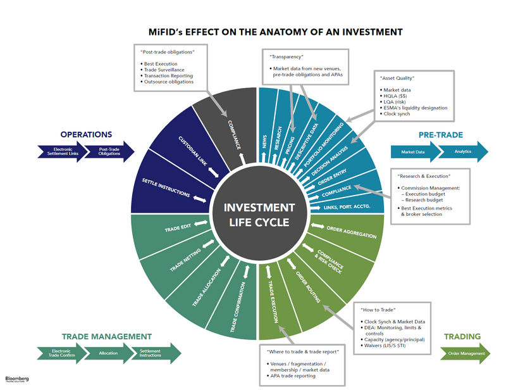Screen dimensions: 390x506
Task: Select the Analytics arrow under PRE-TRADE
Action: (x=462, y=151)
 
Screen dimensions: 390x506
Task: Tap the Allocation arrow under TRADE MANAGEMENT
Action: (x=109, y=353)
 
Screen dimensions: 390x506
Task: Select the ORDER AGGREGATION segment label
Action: (x=352, y=232)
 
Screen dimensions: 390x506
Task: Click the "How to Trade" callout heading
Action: (x=379, y=310)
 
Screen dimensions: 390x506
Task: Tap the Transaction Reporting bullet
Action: (x=171, y=75)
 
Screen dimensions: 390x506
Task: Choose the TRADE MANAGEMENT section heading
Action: (x=107, y=337)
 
